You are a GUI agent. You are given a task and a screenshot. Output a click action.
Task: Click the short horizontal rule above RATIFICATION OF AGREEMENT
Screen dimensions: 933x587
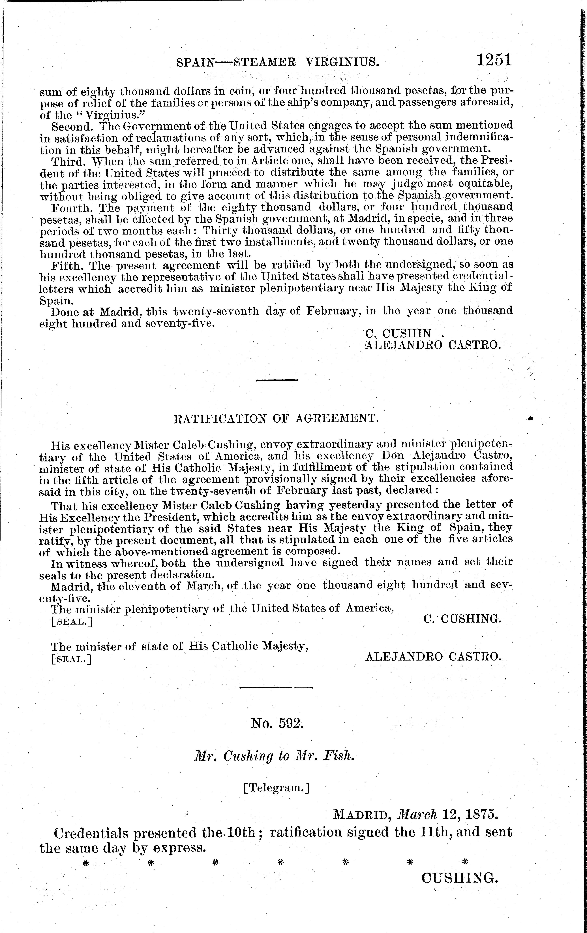[x=277, y=380]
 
